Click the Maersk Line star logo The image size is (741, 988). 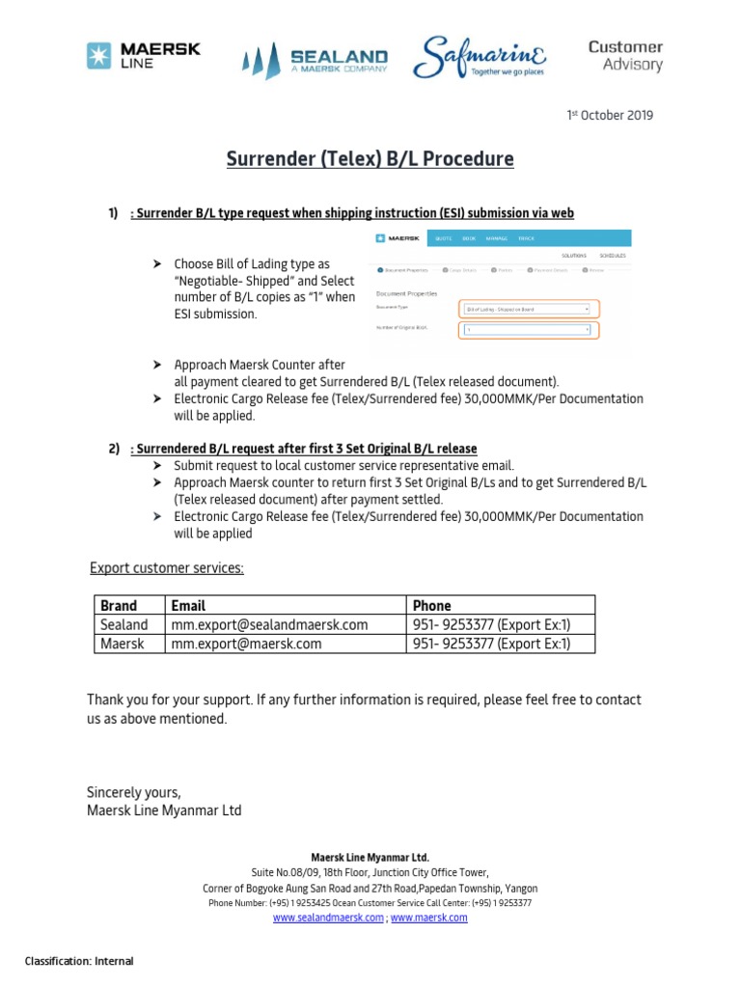point(98,56)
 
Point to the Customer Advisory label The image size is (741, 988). point(625,56)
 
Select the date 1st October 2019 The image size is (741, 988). point(609,116)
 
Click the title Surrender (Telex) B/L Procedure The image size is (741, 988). point(370,159)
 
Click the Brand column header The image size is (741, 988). point(119,606)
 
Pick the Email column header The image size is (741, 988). point(188,606)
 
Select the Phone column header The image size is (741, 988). point(431,606)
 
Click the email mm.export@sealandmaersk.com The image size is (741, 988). point(269,625)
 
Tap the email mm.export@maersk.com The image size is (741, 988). point(246,644)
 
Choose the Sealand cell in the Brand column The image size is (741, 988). point(123,625)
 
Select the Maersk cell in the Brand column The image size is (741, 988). point(122,644)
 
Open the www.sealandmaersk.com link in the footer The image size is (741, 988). point(328,918)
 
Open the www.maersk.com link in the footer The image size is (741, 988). point(428,918)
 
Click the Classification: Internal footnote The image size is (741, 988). point(79,961)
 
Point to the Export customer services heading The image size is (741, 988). point(167,568)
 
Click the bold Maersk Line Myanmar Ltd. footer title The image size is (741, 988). point(370,858)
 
